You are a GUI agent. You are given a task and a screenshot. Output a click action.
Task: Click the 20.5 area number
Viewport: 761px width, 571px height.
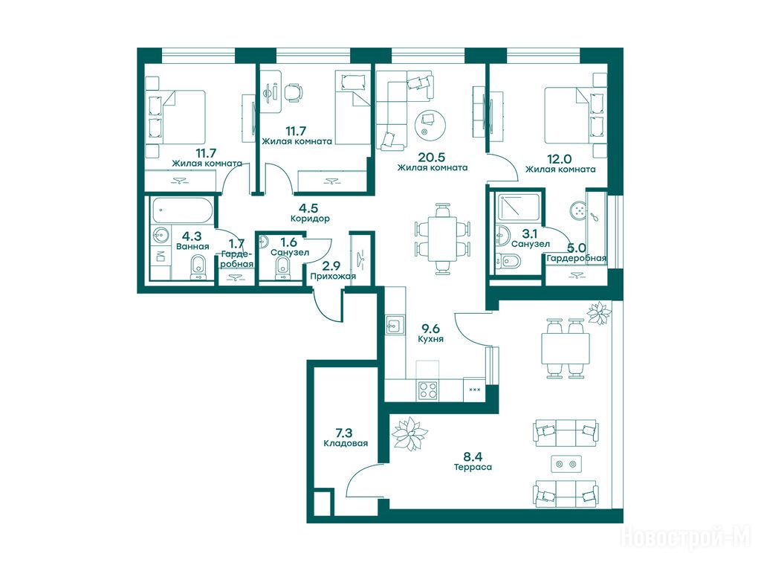[432, 158]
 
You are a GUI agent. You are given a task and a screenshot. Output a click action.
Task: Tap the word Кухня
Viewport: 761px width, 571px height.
[430, 339]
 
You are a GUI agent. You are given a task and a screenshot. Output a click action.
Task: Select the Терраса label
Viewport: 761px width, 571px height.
[473, 467]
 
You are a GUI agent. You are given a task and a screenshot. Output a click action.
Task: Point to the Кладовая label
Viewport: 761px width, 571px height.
[346, 443]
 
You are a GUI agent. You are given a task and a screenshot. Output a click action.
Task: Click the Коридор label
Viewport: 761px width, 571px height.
[310, 219]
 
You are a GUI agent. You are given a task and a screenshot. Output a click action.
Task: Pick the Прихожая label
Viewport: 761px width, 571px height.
[333, 277]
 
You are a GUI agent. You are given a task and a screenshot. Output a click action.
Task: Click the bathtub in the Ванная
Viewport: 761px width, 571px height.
[181, 210]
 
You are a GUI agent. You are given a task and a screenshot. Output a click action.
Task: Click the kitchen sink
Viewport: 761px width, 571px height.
[395, 325]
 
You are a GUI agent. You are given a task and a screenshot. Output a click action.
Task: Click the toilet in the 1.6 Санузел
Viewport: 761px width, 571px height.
[282, 268]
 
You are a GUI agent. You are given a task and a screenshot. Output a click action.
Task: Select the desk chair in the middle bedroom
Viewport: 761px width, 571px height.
[293, 92]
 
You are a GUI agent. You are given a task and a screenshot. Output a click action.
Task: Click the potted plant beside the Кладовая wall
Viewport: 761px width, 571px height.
[409, 433]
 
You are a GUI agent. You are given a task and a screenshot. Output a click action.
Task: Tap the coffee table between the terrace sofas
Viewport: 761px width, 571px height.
[566, 464]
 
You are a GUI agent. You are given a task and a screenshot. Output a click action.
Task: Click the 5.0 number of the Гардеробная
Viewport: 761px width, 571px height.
[576, 248]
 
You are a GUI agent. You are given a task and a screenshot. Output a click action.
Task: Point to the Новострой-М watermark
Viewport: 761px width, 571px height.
[686, 538]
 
